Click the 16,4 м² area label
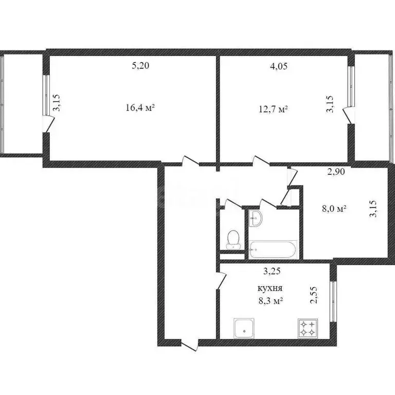point(140,108)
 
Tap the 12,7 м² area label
point(273,109)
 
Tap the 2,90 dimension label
point(336,172)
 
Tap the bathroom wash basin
point(256,218)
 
